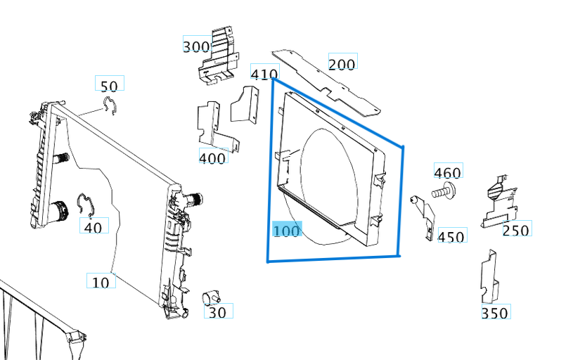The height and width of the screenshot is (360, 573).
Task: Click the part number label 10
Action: tap(101, 281)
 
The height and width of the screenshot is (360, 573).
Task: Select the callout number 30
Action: tap(218, 311)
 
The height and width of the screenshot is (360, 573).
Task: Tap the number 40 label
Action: tap(93, 227)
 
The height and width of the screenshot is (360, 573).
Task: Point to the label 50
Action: tap(109, 86)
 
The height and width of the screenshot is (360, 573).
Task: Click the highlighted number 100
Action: tap(287, 230)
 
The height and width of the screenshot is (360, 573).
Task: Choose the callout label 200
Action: tap(342, 64)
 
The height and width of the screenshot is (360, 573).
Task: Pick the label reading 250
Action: tap(516, 230)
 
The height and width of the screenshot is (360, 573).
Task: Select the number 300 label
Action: tap(196, 46)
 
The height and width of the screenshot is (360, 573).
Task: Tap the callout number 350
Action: tap(495, 312)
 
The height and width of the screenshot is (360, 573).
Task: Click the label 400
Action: tap(213, 157)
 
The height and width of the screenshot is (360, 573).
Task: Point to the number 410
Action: tap(264, 73)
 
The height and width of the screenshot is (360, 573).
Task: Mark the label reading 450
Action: tap(451, 236)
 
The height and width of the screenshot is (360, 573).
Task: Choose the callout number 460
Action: tap(448, 172)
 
